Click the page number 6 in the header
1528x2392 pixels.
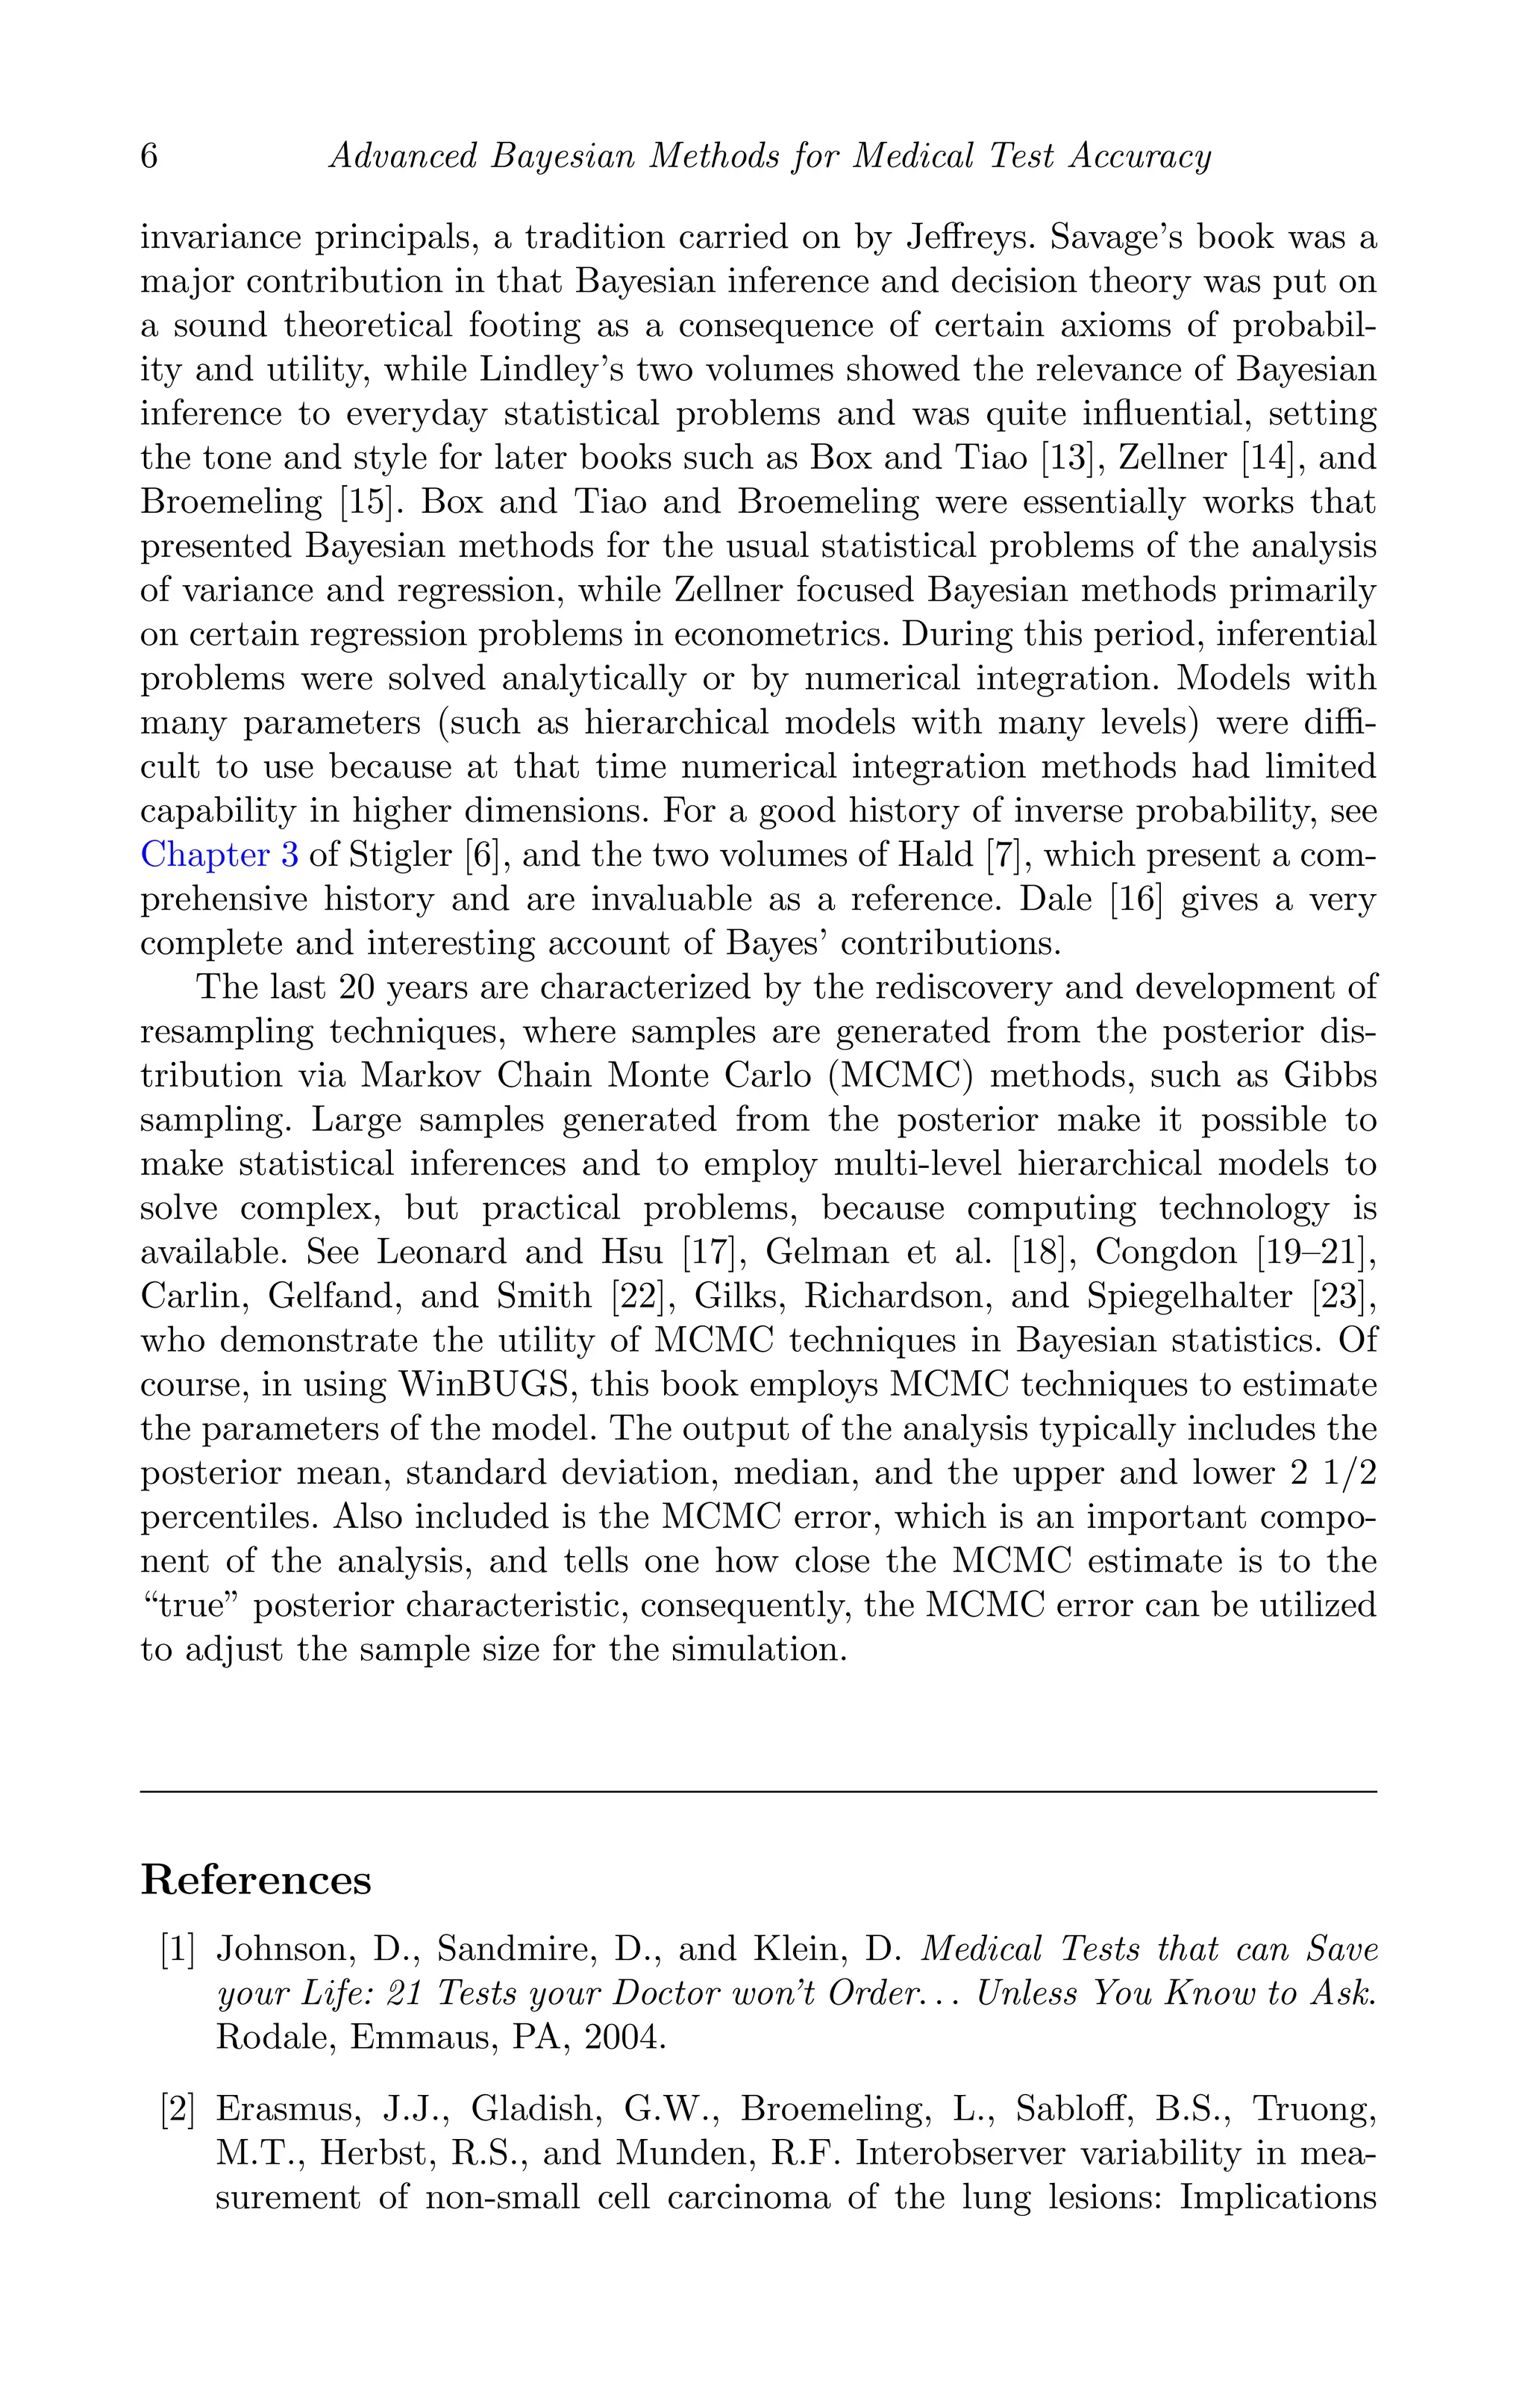tap(149, 157)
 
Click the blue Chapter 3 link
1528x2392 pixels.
tap(219, 855)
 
